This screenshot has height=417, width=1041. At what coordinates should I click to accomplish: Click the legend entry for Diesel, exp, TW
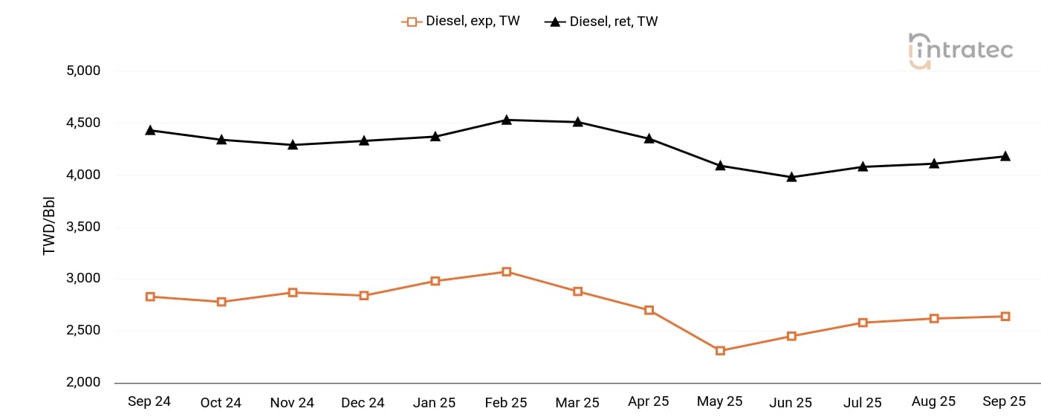pyautogui.click(x=461, y=22)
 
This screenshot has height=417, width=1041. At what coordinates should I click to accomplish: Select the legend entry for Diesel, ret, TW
pyautogui.click(x=601, y=22)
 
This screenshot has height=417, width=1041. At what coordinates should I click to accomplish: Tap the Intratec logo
pyautogui.click(x=961, y=51)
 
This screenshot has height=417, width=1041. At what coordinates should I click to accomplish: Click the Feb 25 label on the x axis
pyautogui.click(x=506, y=403)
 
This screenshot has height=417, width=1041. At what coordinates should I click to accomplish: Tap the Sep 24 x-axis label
pyautogui.click(x=149, y=401)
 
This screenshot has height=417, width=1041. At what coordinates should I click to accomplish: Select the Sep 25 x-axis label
pyautogui.click(x=1005, y=401)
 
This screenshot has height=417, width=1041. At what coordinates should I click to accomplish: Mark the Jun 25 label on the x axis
pyautogui.click(x=791, y=403)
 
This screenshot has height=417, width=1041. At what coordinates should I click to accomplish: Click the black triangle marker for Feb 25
pyautogui.click(x=506, y=120)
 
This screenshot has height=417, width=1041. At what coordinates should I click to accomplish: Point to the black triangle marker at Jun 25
pyautogui.click(x=791, y=177)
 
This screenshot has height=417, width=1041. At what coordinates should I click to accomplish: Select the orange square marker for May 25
pyautogui.click(x=720, y=351)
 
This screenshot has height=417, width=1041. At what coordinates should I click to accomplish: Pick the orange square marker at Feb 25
pyautogui.click(x=506, y=272)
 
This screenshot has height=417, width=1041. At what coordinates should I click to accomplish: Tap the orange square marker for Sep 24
pyautogui.click(x=150, y=297)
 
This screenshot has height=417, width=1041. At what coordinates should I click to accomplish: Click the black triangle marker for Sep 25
pyautogui.click(x=1005, y=156)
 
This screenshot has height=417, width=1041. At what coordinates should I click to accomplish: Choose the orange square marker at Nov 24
pyautogui.click(x=293, y=293)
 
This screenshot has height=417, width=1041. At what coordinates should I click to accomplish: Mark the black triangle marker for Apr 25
pyautogui.click(x=649, y=138)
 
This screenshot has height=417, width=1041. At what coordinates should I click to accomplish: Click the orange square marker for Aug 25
pyautogui.click(x=934, y=319)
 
